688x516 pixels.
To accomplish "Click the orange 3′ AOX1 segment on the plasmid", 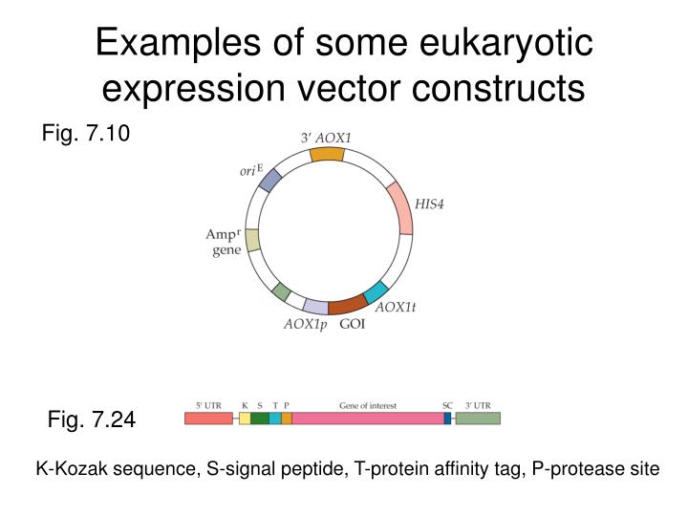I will coord(327,154).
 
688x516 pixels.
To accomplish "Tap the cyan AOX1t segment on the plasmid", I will coord(376,292).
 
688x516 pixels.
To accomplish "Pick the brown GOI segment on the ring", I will coord(347,306).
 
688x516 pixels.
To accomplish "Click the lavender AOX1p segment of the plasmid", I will coord(315,306).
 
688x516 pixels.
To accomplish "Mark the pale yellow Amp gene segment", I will coord(252,240).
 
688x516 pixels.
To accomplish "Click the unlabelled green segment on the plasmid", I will coord(281,291).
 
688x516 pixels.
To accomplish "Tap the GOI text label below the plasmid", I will coord(353,325).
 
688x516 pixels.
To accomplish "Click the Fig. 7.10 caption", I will coord(85,134).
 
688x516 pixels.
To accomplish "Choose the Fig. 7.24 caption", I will coord(92,419).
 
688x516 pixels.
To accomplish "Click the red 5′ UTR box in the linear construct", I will coord(208,418).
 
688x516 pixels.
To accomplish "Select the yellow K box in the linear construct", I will coord(245,418).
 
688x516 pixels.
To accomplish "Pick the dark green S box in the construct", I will coord(259,418).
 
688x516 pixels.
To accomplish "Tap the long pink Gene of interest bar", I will coord(368,418).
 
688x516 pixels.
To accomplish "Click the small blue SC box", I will coord(447,418).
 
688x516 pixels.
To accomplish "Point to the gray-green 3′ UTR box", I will coord(478,418).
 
